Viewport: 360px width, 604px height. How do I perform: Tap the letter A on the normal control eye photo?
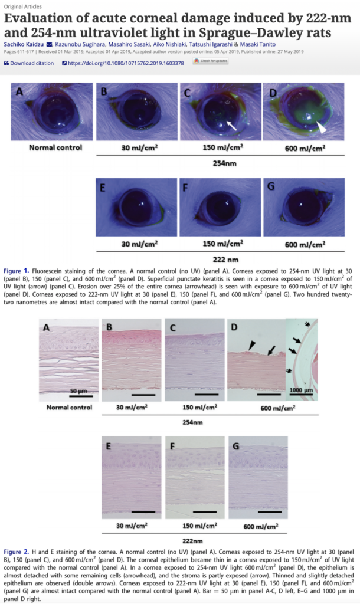(19, 93)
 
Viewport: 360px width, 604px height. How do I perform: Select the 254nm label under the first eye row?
(222, 163)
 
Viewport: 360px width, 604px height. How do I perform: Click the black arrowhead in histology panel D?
(253, 344)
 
